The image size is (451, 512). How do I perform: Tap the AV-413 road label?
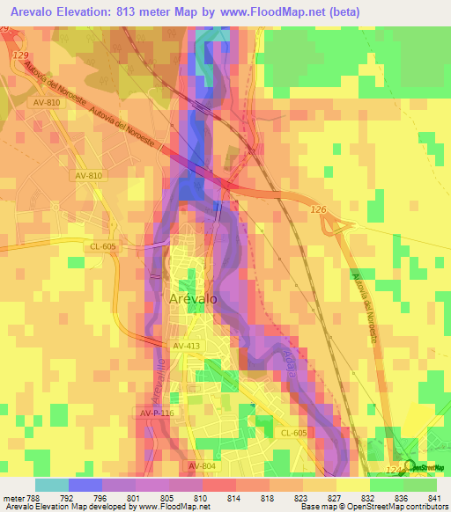coord(188,347)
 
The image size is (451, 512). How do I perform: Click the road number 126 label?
coord(318,208)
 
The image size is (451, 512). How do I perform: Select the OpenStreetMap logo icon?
coord(409,465)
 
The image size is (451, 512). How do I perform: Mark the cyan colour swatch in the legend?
coord(51,484)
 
